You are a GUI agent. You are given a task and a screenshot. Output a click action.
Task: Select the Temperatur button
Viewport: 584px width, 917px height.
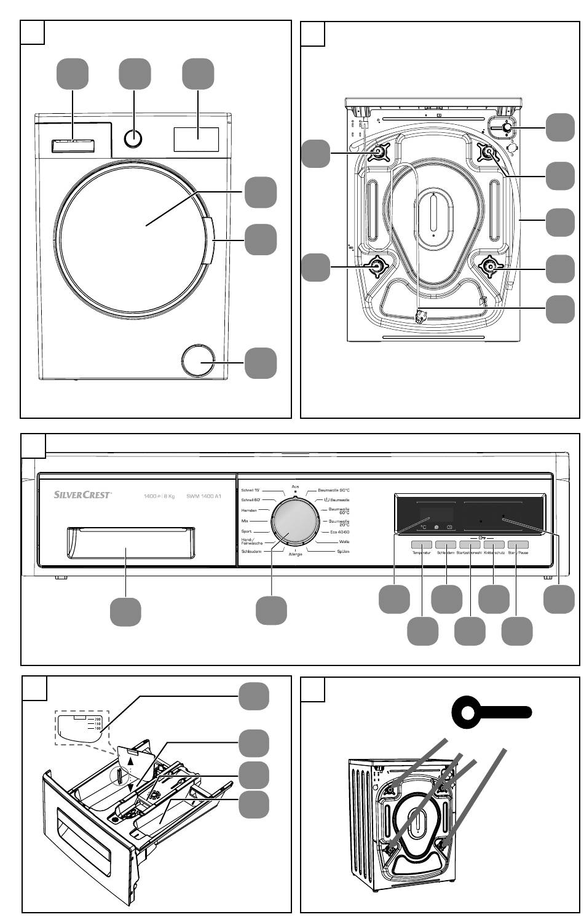pos(422,545)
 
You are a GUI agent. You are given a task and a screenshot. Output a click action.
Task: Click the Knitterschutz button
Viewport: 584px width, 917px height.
pos(494,545)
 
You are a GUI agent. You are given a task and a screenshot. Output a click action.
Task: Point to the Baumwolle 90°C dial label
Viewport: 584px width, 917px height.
pos(334,490)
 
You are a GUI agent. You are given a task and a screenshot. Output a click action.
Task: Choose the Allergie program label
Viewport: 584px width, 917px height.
pos(296,555)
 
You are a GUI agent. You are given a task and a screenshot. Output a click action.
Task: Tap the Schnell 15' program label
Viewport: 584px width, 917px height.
pos(251,490)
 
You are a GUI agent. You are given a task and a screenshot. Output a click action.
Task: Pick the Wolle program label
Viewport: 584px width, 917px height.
pos(344,542)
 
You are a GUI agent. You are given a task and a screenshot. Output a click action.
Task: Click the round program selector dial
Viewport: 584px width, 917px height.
pos(295,521)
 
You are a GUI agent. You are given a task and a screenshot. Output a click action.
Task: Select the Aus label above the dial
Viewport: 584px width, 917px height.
pos(295,486)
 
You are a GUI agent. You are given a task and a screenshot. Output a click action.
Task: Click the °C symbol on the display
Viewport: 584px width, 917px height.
pos(423,527)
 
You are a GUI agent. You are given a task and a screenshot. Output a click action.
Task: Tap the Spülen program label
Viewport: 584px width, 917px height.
pos(343,552)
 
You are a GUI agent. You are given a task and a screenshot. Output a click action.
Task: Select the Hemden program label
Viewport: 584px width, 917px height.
pos(250,510)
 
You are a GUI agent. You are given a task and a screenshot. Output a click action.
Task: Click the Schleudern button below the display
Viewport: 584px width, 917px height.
pos(446,545)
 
